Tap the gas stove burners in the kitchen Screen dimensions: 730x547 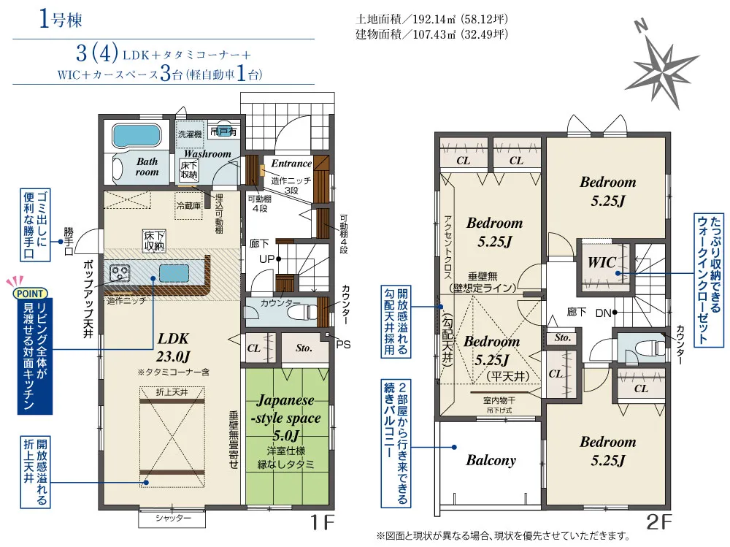[120, 272]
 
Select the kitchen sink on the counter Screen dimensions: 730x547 [174, 272]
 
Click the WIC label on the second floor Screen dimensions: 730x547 [602, 262]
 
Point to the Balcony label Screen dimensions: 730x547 [491, 460]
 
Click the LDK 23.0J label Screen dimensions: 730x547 [173, 348]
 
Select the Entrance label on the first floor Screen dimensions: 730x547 [291, 164]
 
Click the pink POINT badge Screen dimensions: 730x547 [30, 294]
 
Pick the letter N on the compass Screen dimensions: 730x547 [642, 26]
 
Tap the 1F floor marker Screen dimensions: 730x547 [323, 523]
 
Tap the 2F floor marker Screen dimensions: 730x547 [659, 523]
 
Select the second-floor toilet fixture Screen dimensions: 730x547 [650, 347]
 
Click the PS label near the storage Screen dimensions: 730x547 [343, 345]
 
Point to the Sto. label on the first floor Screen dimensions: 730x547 [304, 348]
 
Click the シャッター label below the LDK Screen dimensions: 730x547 [173, 518]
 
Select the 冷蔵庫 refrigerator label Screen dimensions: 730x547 [188, 205]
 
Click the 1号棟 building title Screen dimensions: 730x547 [61, 20]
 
